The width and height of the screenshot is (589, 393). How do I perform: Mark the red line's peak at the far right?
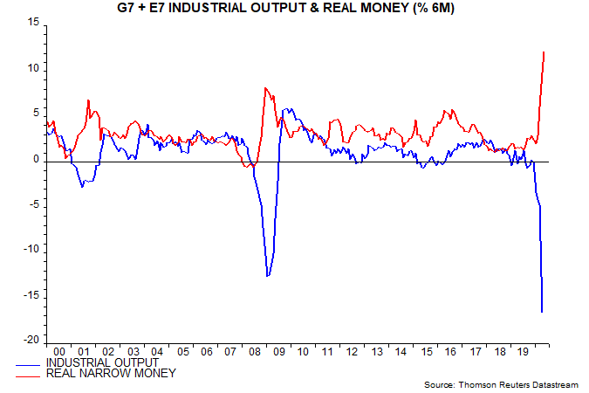coord(544,52)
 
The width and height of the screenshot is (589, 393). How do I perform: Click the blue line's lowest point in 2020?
coord(543,312)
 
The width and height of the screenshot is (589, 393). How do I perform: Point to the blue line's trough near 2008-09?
coord(268,276)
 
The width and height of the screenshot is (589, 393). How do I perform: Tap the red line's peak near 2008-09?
coord(265,88)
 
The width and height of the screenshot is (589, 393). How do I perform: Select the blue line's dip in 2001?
coord(82,186)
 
